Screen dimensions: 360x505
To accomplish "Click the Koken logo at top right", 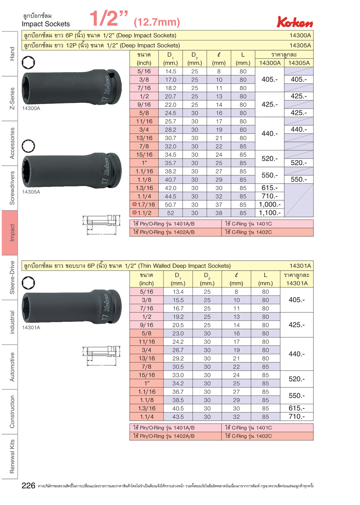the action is (x=295, y=22).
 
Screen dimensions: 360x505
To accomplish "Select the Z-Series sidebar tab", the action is (x=12, y=98).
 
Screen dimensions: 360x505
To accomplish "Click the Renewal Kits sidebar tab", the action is (x=12, y=456).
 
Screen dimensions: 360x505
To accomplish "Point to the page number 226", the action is (x=28, y=486).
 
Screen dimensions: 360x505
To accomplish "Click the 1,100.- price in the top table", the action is (x=270, y=213).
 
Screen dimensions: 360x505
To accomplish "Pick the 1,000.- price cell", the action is (x=270, y=204).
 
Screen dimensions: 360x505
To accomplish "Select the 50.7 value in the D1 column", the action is (x=170, y=205).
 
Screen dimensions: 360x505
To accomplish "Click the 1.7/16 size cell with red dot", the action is (x=144, y=204).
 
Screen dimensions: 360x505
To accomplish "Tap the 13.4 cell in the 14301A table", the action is (x=178, y=292).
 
